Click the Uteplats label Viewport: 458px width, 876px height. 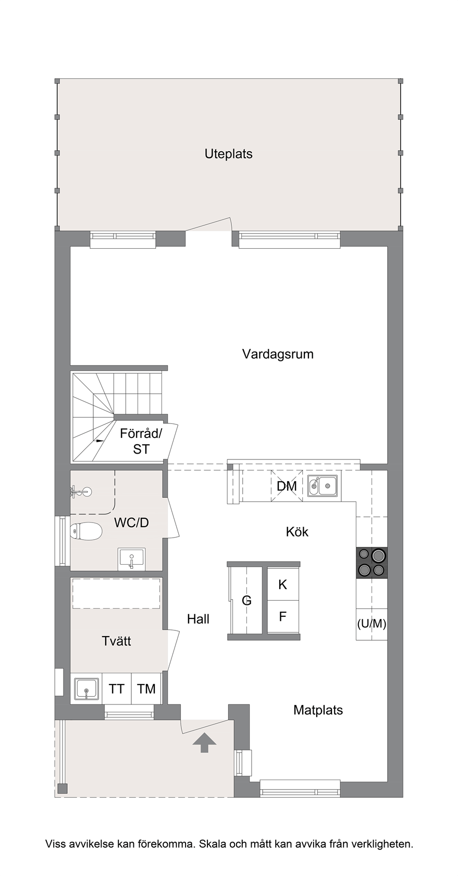(x=229, y=154)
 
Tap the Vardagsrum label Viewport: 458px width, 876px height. (x=278, y=355)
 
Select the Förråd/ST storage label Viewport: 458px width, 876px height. (x=141, y=441)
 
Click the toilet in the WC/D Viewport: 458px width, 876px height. (x=86, y=531)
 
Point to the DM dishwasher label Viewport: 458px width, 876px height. (x=287, y=486)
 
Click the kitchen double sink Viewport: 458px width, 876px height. (x=323, y=486)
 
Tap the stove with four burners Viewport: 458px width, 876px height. (x=372, y=562)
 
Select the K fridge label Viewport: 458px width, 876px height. (x=283, y=585)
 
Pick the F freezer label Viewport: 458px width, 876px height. (x=282, y=617)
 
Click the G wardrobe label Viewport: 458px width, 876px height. (x=246, y=600)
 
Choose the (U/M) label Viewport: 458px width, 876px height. (x=372, y=624)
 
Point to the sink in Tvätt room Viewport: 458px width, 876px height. (x=86, y=689)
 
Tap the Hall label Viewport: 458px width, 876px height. (x=198, y=618)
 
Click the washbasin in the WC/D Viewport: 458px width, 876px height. (x=131, y=559)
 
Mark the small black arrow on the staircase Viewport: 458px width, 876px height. (x=100, y=441)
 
